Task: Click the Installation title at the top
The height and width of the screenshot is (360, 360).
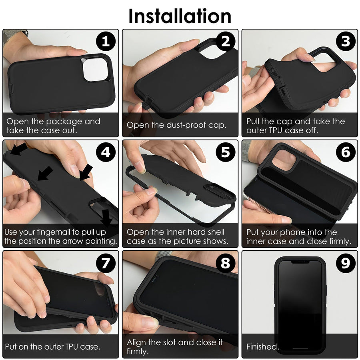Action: pyautogui.click(x=180, y=16)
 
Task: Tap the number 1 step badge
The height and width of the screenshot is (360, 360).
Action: pyautogui.click(x=106, y=42)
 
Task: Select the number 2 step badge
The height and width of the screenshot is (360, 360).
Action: pyautogui.click(x=226, y=42)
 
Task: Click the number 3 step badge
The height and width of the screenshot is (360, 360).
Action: pyautogui.click(x=346, y=42)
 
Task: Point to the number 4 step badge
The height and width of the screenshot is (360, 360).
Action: pyautogui.click(x=106, y=152)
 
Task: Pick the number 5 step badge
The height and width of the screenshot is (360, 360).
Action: pyautogui.click(x=226, y=152)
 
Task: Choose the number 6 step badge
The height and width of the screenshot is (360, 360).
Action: pyautogui.click(x=346, y=152)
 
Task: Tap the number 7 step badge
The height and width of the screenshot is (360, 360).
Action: pyautogui.click(x=106, y=263)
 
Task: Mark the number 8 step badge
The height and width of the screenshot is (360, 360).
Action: pyautogui.click(x=226, y=263)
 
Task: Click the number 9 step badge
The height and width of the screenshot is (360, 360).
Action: pyautogui.click(x=346, y=263)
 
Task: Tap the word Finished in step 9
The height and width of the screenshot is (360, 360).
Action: pyautogui.click(x=262, y=346)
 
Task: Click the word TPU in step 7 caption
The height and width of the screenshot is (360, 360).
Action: pyautogui.click(x=72, y=346)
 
